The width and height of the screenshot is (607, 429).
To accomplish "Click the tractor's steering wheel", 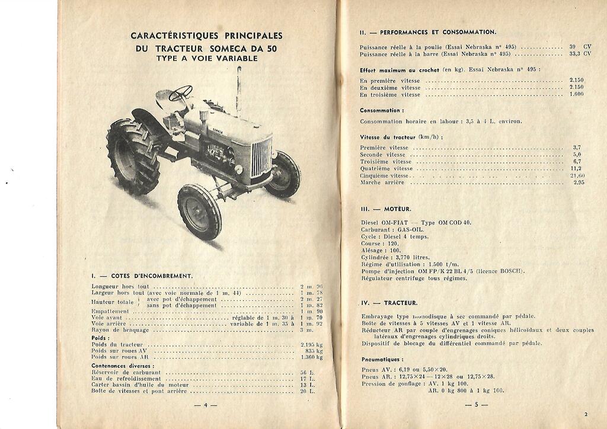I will (180, 93).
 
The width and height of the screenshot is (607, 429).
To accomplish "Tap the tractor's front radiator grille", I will (261, 156).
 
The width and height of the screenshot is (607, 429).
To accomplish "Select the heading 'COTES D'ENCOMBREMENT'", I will (142, 276).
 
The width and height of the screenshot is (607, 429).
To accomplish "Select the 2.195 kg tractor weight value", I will (311, 344).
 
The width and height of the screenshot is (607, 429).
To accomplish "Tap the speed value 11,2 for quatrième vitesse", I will (574, 168).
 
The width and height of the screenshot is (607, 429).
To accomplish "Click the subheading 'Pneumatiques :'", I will (382, 360).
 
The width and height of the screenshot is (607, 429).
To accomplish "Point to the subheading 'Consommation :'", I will (382, 110).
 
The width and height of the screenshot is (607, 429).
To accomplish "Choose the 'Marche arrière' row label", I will (382, 183).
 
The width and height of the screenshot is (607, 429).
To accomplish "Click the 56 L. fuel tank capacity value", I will (307, 373).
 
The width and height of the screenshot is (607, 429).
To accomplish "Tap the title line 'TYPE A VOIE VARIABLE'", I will (206, 59).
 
